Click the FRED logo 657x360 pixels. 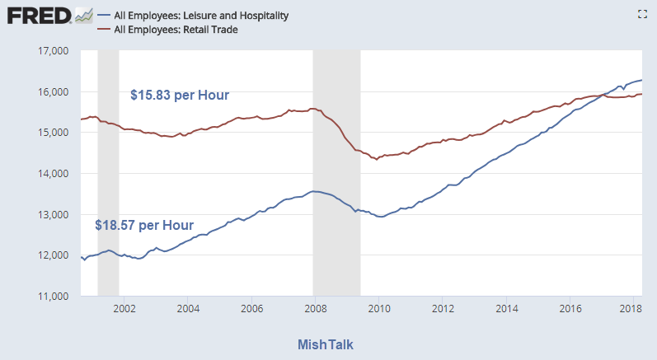tap(40, 16)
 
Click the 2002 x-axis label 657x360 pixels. tap(124, 310)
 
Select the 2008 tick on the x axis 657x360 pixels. tap(315, 310)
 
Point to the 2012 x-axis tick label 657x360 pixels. tap(443, 310)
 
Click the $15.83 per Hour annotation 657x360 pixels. tap(180, 95)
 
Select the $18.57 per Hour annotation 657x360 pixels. tap(144, 225)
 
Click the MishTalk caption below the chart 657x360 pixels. tap(331, 344)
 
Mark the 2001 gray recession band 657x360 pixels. tap(108, 173)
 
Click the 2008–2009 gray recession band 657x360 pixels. tap(336, 173)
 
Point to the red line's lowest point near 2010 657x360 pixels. tap(377, 159)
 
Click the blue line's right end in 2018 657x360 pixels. tap(642, 80)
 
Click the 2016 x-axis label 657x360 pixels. tap(570, 310)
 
